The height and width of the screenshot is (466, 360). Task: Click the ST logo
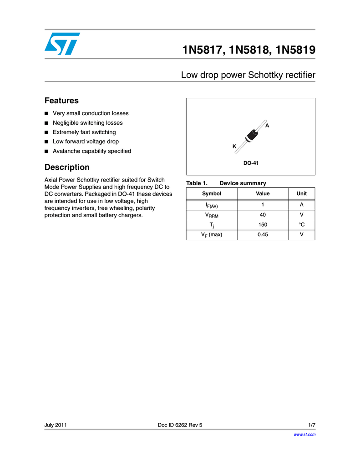(62, 44)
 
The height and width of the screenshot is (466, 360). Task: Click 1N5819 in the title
(294, 50)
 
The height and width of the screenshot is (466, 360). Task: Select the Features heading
(61, 101)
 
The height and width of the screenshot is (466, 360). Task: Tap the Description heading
(67, 167)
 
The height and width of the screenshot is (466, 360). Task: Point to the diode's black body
(251, 134)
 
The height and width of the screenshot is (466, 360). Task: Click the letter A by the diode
(267, 125)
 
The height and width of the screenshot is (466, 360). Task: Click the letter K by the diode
(234, 147)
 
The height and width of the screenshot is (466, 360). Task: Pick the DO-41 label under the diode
(251, 162)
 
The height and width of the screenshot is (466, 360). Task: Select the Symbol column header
(211, 193)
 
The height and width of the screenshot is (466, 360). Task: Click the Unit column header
(301, 193)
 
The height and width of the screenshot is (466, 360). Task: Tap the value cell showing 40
(263, 215)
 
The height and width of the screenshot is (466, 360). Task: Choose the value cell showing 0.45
(263, 235)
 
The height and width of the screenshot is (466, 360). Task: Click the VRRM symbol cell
(211, 215)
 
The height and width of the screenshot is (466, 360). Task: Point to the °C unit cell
(301, 225)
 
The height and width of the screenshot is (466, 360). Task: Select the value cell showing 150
(263, 225)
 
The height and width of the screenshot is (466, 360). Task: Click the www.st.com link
(304, 435)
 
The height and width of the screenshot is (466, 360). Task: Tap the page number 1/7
(312, 425)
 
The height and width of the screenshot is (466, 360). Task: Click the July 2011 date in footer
(56, 425)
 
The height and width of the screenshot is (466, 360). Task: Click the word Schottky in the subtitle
(262, 75)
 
